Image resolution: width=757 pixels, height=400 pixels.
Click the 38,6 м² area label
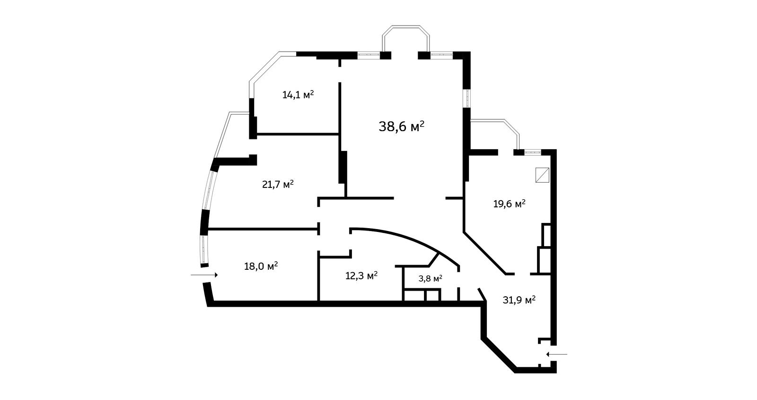click(402, 126)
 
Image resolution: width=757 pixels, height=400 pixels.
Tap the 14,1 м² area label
click(298, 95)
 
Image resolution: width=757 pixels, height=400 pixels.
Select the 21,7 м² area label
click(278, 185)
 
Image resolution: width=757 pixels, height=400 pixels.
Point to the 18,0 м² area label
click(261, 267)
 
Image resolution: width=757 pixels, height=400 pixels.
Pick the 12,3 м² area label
click(361, 276)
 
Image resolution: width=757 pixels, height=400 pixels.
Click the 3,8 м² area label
click(431, 279)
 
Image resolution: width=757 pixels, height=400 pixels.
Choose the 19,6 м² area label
click(509, 204)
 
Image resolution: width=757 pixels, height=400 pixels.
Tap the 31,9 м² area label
click(519, 300)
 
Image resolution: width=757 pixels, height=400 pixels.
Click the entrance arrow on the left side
click(204, 275)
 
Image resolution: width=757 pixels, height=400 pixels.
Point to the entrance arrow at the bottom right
click(556, 355)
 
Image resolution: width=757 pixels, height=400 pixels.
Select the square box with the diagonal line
click(542, 175)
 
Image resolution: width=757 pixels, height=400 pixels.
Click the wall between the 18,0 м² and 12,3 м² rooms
click(318, 276)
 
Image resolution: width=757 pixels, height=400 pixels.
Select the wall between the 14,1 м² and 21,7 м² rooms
click(298, 134)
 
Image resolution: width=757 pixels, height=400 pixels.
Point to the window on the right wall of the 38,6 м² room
click(467, 98)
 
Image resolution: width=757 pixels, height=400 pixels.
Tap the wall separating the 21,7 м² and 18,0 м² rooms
click(262, 229)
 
